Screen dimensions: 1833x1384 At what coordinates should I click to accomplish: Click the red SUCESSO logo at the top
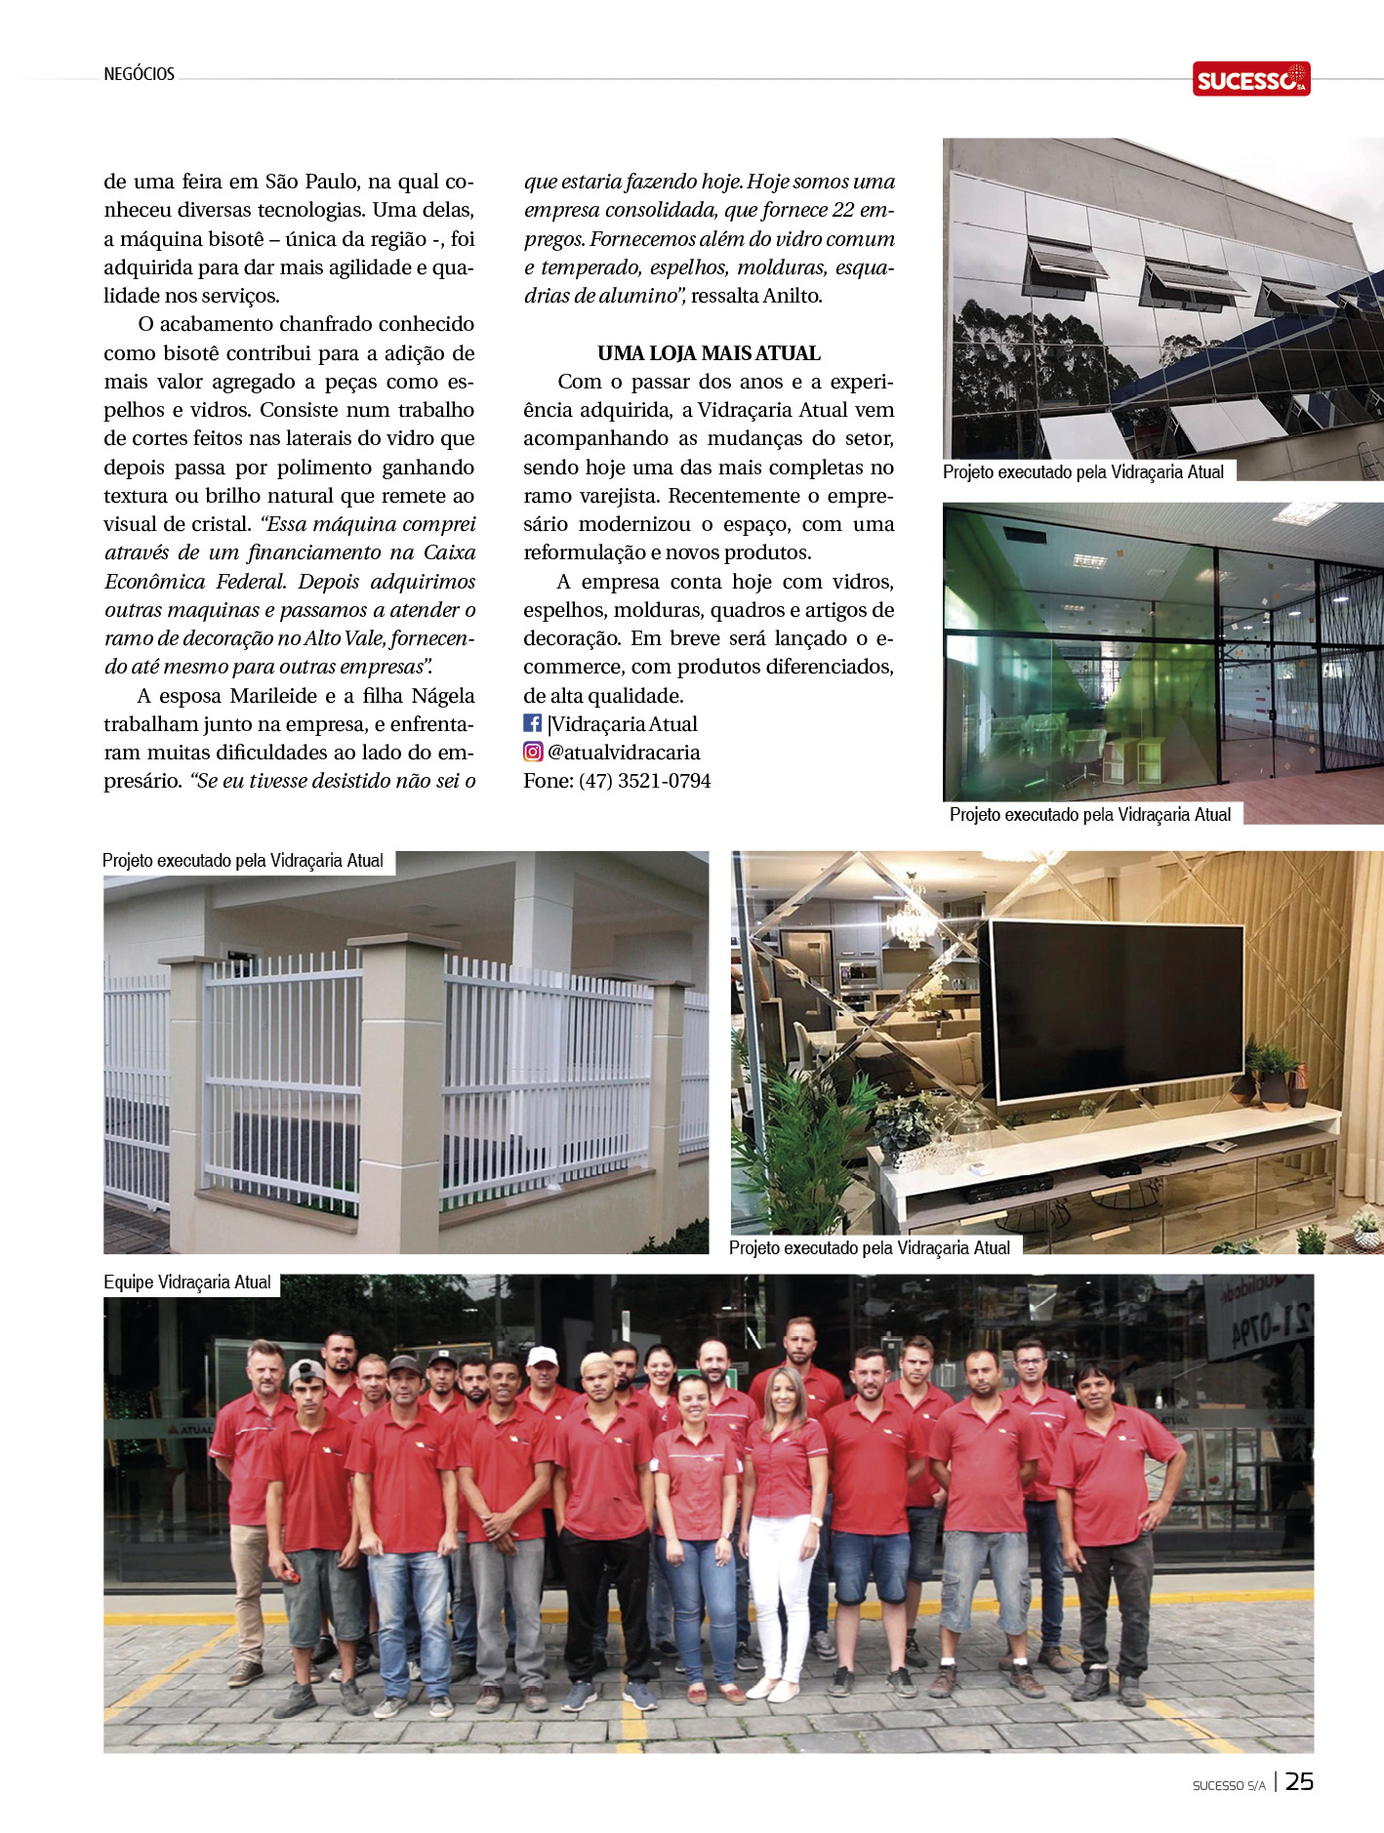(x=1250, y=79)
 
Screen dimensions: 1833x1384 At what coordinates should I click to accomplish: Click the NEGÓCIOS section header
(x=139, y=74)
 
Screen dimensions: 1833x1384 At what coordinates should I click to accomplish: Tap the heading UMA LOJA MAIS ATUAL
(x=709, y=353)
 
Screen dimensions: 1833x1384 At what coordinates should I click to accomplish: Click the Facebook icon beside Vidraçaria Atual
(x=533, y=723)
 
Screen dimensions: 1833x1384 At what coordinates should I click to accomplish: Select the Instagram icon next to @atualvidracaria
(x=533, y=752)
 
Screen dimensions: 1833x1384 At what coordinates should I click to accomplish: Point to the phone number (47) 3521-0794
(x=644, y=781)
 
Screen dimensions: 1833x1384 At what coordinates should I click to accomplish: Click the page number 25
(x=1299, y=1781)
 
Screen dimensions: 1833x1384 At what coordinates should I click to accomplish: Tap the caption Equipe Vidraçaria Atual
(x=187, y=1283)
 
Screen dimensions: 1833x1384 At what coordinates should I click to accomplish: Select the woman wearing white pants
(x=783, y=1503)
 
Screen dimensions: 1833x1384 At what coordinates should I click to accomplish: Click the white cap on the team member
(x=542, y=1356)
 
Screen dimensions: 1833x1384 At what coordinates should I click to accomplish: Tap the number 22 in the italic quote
(x=843, y=210)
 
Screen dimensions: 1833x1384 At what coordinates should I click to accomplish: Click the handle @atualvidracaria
(x=624, y=753)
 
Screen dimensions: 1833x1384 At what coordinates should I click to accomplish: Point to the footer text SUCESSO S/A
(x=1228, y=1785)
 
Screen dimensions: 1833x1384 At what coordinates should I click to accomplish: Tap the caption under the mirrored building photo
(x=1082, y=472)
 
